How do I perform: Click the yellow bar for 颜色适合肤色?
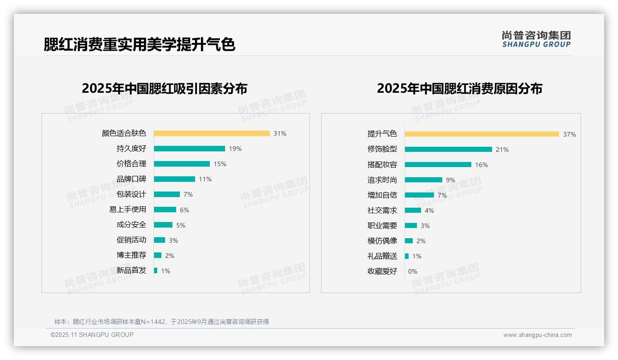(212, 133)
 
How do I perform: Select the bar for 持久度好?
(190, 149)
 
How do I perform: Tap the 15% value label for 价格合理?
(220, 164)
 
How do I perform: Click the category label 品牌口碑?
(131, 179)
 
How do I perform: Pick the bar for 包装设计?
(167, 194)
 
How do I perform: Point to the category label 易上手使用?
(128, 210)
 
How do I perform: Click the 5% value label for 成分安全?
(181, 225)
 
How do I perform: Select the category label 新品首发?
(131, 270)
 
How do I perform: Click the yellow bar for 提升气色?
(482, 134)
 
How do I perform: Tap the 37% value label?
(569, 134)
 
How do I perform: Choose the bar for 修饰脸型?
(448, 149)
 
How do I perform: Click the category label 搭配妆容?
(382, 165)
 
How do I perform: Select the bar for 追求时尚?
(423, 180)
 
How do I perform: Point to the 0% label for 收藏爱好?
(413, 271)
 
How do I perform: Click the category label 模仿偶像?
(382, 241)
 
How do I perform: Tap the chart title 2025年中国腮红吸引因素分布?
(165, 89)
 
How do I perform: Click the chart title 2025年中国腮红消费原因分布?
(459, 89)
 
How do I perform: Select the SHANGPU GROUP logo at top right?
(536, 39)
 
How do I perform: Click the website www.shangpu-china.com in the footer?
(537, 335)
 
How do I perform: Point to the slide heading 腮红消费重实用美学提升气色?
(139, 44)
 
